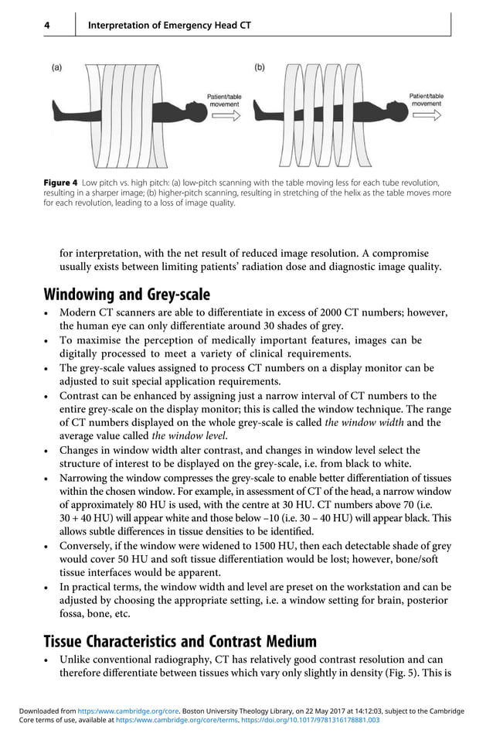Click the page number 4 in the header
tap(46, 26)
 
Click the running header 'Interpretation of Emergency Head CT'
tap(169, 26)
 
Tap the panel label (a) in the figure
tap(58, 67)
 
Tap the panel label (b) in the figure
tap(260, 67)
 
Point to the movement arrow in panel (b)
tap(426, 115)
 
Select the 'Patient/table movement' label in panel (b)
tap(426, 99)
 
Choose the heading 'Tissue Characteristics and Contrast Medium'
tap(180, 641)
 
